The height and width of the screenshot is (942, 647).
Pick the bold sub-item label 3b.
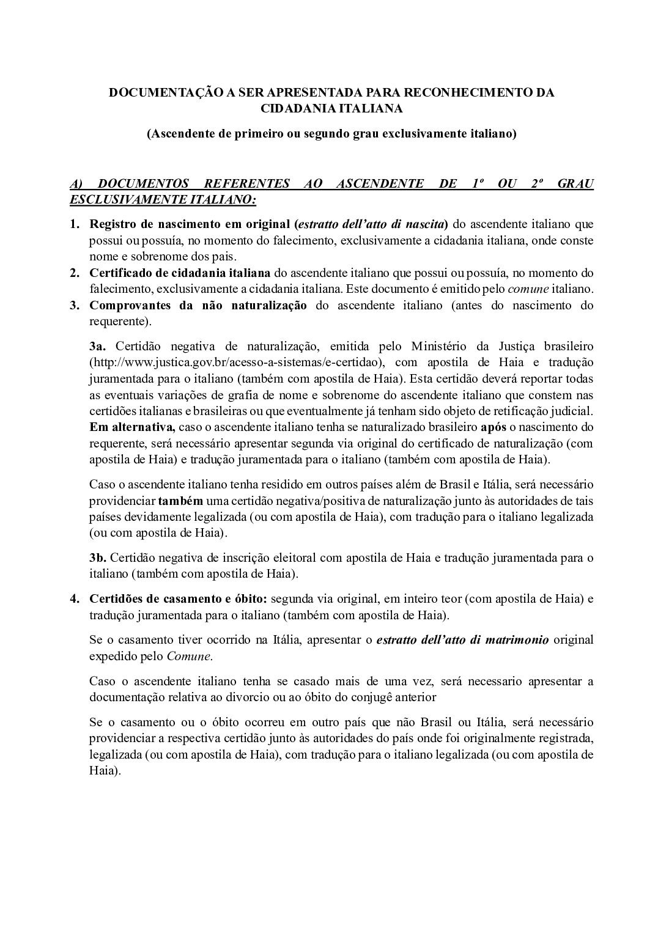(98, 557)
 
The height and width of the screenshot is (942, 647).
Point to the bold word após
(494, 426)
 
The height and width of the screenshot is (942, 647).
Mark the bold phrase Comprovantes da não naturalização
(198, 305)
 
